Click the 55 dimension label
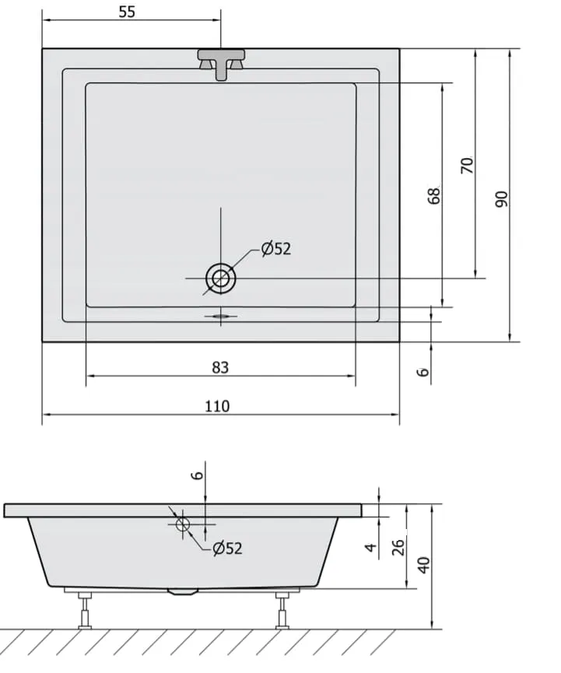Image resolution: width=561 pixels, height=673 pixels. point(127,12)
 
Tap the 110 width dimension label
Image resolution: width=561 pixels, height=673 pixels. point(217,406)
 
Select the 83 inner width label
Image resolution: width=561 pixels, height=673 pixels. point(220,367)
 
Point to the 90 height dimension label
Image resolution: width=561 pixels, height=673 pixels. point(501,200)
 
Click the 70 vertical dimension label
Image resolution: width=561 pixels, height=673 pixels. point(467,165)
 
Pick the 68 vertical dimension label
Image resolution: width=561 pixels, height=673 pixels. point(434,196)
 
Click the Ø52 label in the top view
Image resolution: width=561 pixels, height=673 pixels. point(276,248)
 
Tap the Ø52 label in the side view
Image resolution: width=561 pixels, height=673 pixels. point(227,548)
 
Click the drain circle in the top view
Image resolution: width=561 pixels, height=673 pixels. point(221,279)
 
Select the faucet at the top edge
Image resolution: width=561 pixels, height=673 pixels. point(221,65)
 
